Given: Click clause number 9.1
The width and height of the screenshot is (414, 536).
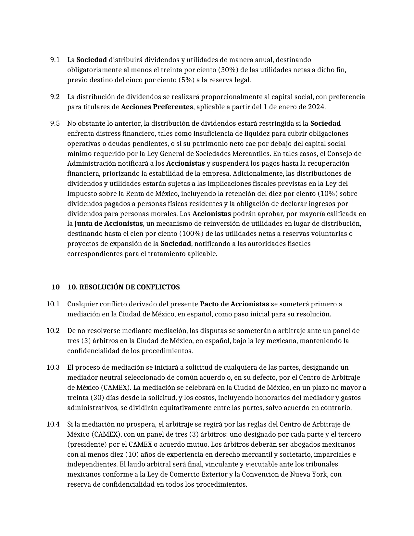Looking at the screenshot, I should (55, 60).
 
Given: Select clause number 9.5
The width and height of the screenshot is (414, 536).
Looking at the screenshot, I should (55, 123).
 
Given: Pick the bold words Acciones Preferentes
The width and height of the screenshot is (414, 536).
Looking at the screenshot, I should (157, 107).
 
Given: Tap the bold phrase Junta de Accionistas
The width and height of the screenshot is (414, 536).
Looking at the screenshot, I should (108, 223).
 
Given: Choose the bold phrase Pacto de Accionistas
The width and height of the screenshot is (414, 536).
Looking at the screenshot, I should (234, 304).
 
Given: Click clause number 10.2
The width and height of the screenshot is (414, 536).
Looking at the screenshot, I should (53, 331).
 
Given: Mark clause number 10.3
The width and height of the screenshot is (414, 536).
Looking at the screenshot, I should (53, 367).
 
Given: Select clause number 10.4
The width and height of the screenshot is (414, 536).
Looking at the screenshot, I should (53, 424).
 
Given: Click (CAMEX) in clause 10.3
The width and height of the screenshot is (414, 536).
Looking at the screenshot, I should (117, 388).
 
